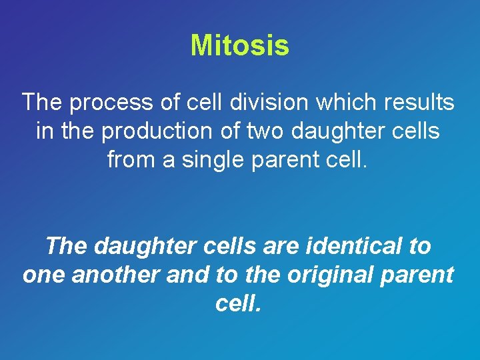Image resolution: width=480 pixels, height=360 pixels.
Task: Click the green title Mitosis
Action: point(240,46)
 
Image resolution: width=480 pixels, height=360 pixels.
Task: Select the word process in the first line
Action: point(107,103)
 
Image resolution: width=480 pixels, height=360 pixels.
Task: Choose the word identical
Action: point(356,247)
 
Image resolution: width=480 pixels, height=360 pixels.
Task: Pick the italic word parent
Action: point(419,275)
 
